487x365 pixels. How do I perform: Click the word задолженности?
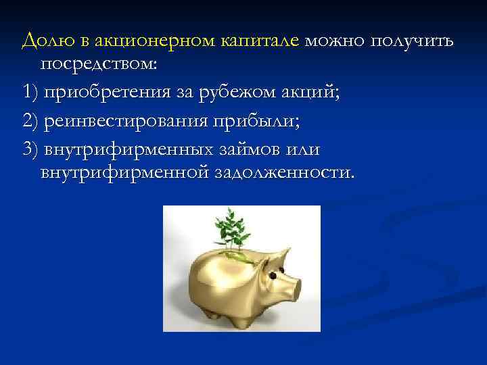(283, 173)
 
